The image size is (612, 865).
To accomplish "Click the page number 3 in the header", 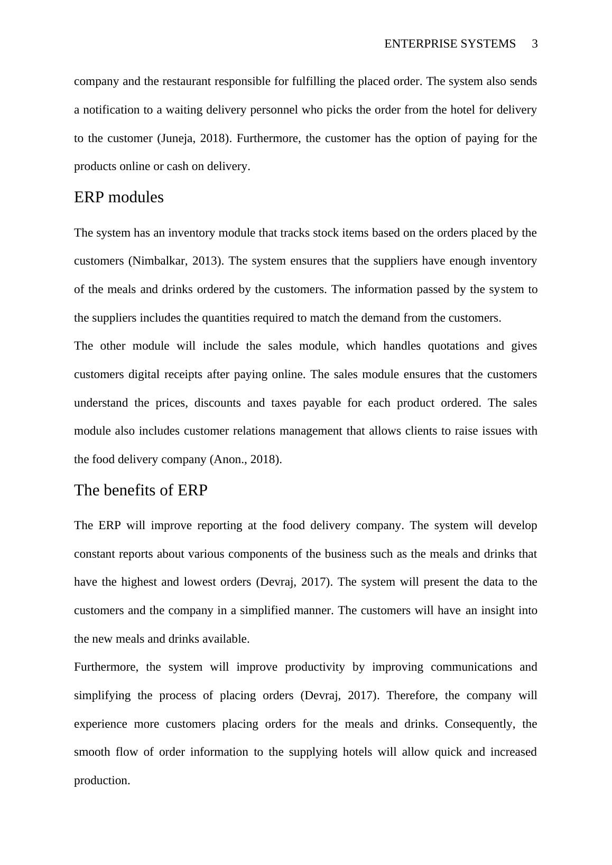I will coord(534,44).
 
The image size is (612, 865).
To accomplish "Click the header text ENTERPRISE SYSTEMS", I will coord(450,44).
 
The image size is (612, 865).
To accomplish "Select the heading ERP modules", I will coord(119,197).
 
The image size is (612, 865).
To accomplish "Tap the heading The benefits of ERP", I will coord(141,490).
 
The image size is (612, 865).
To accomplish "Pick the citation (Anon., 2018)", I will coord(246,459).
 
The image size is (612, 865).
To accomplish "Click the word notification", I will coord(109,110).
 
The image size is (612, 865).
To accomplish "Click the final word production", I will coord(102,781).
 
